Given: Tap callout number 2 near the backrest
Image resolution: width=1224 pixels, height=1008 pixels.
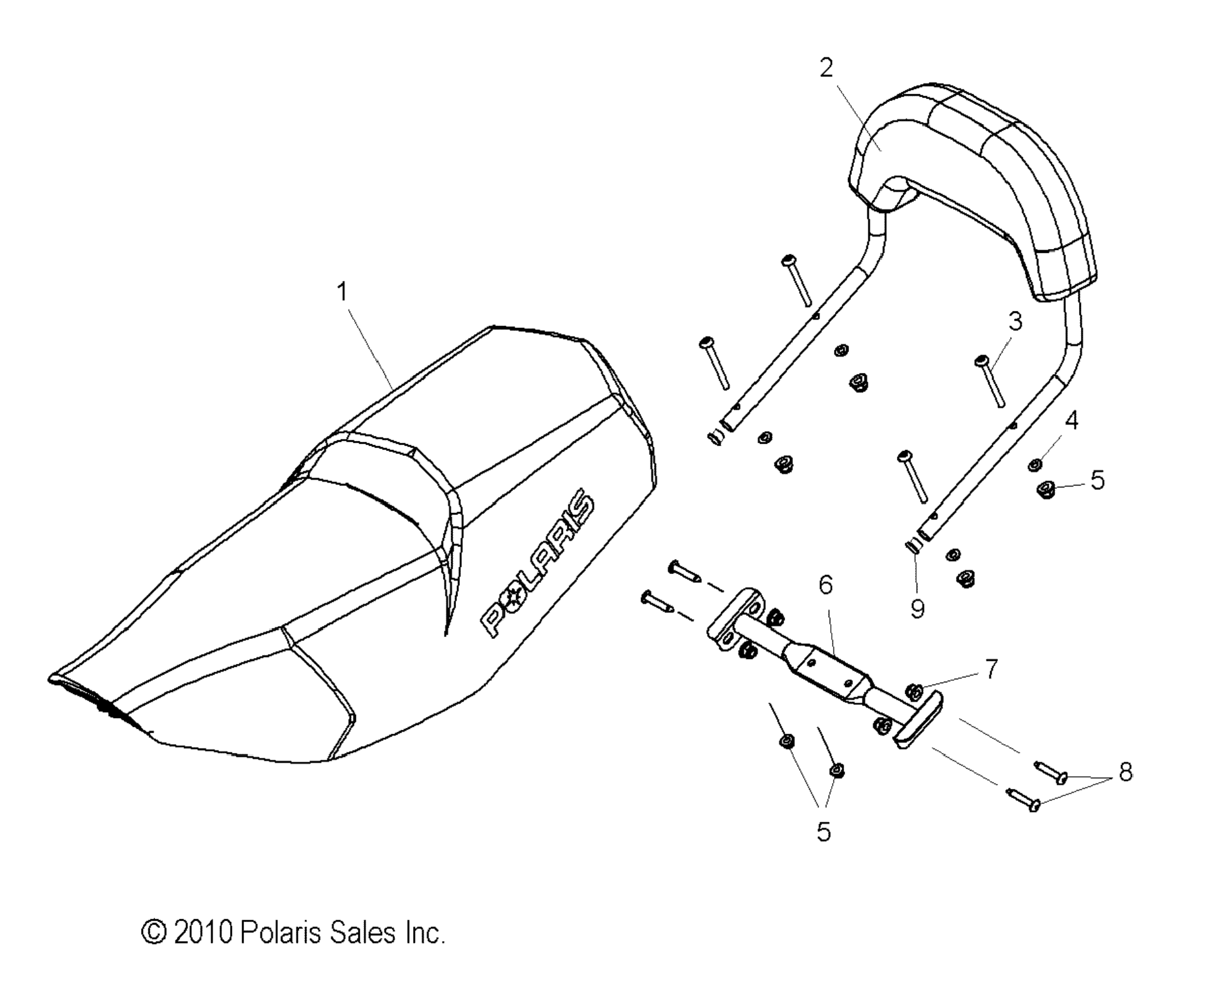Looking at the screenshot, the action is pos(826,68).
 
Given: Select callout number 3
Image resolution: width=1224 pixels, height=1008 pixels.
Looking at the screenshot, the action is pos(1015,321).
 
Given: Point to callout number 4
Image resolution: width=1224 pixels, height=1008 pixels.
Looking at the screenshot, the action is pos(1072,420).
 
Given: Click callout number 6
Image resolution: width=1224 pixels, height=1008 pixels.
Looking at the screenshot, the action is pos(826,585).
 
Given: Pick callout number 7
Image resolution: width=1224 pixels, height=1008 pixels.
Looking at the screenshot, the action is pos(991,668).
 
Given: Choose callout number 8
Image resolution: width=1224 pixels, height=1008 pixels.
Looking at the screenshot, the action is pos(1125,772).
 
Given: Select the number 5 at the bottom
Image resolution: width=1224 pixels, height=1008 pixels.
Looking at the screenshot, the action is pos(823,831).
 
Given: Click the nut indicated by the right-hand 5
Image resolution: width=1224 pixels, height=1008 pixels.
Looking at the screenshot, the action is pos(1046,489).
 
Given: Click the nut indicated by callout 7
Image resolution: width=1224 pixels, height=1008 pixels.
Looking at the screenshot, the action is pos(914,691).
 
